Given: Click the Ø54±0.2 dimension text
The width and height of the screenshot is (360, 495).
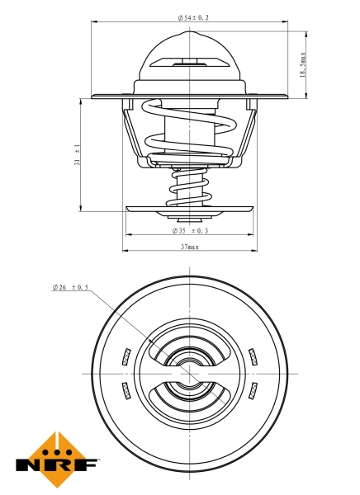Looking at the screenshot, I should point(192,16).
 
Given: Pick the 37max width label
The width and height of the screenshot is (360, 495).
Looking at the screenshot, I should point(189,247).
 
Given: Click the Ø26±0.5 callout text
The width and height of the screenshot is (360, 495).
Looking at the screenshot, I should point(69,287).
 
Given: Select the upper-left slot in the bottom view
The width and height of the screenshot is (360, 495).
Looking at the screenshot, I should point(126,356).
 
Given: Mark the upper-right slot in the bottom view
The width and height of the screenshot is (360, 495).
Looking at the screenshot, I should point(252,356).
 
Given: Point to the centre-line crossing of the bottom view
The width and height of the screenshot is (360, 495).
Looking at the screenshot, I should point(189,372).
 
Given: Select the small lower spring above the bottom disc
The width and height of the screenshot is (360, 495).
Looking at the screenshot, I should point(188,186).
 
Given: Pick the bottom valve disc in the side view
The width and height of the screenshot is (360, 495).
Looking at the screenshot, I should point(189,209).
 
